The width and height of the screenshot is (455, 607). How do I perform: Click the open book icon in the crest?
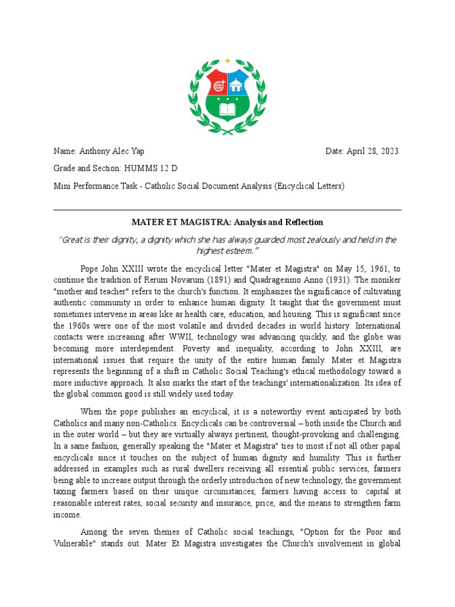[227, 110]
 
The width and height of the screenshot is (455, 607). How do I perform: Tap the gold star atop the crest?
[227, 61]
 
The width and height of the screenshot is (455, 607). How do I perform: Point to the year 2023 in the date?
[389, 151]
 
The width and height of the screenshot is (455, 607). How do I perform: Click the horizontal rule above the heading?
[227, 210]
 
